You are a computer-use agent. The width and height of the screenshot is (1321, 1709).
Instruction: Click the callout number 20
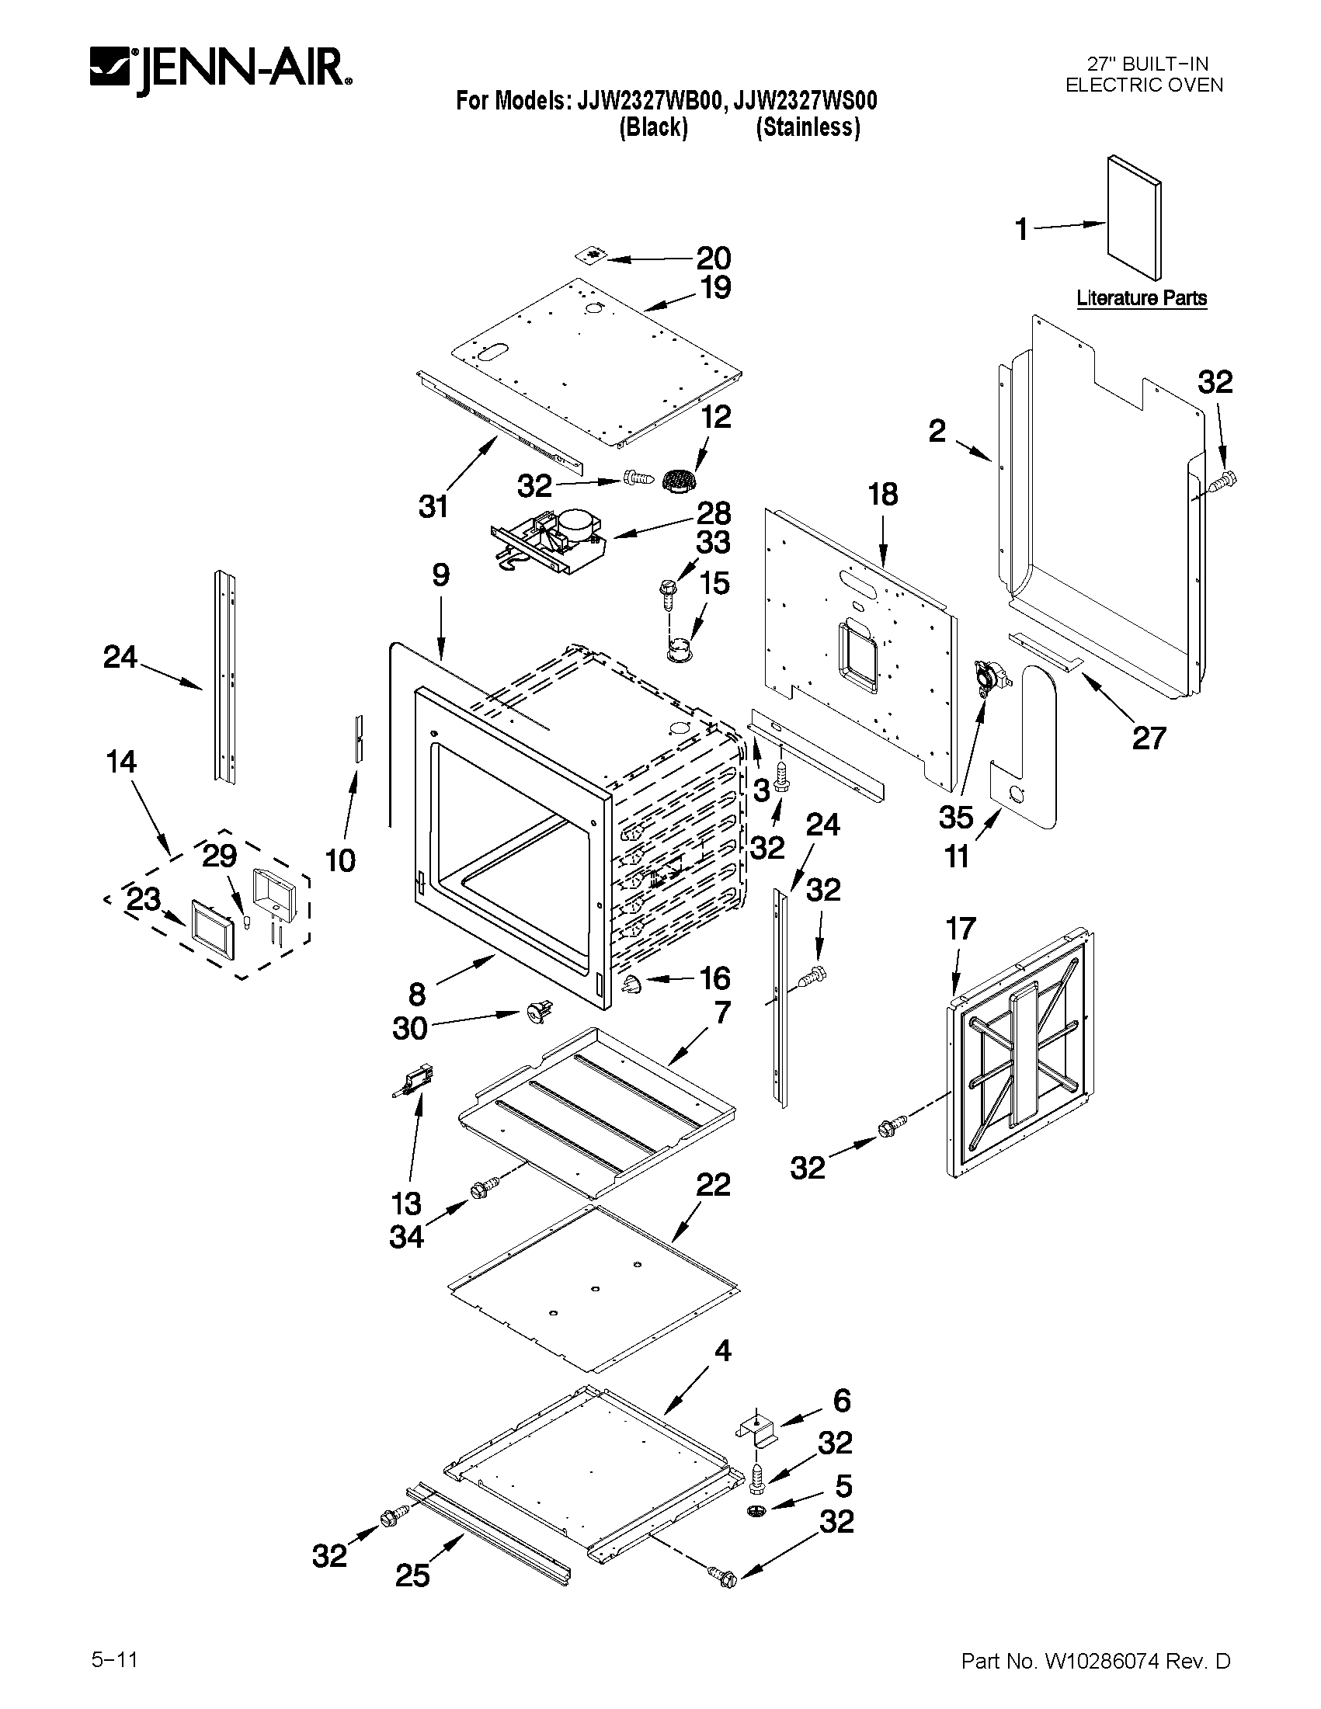pos(713,258)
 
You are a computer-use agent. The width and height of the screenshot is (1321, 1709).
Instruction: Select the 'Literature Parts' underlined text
pos(1141,298)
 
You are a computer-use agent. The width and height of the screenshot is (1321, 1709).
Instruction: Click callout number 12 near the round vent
pos(715,416)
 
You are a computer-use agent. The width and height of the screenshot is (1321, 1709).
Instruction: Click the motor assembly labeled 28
pos(554,540)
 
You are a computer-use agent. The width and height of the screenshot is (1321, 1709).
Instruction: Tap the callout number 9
pos(440,575)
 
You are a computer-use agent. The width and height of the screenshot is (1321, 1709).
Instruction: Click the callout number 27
pos(1149,737)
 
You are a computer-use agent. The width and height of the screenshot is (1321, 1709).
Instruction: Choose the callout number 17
pos(960,929)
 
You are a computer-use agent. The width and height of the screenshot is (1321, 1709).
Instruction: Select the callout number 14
pos(121,762)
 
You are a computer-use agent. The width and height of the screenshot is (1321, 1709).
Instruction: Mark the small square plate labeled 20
pos(595,256)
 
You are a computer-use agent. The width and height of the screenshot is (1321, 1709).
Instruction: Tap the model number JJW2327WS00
pos(806,101)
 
